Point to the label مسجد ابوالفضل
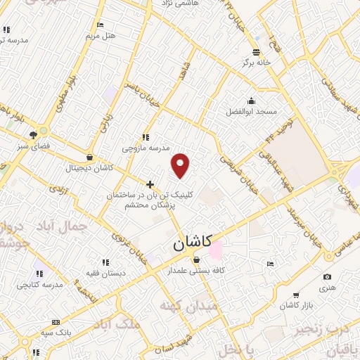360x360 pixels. click(x=252, y=112)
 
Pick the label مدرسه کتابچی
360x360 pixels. click(x=39, y=285)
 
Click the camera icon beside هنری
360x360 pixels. click(x=326, y=277)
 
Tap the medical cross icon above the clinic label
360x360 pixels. click(x=150, y=184)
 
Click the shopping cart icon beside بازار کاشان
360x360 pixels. click(x=297, y=295)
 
